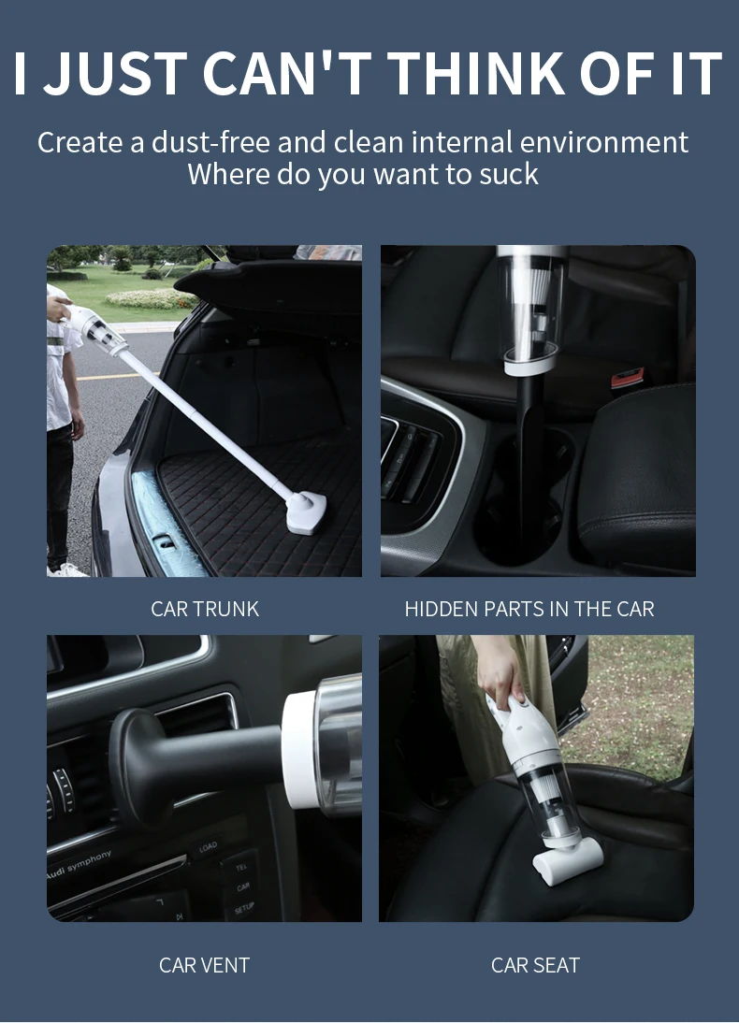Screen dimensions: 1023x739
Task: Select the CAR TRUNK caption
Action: tap(205, 609)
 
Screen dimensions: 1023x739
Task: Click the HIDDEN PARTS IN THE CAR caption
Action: tap(529, 609)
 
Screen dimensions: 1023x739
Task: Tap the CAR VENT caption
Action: tap(204, 965)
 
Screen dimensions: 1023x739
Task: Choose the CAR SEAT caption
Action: tap(535, 965)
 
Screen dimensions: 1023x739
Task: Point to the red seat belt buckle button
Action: tap(620, 381)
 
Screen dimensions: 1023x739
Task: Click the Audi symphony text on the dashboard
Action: tap(79, 865)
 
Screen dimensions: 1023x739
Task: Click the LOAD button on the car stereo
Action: tap(208, 847)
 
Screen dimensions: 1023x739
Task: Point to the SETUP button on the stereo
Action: tap(244, 907)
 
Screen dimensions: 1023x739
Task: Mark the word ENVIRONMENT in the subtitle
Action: tap(604, 142)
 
